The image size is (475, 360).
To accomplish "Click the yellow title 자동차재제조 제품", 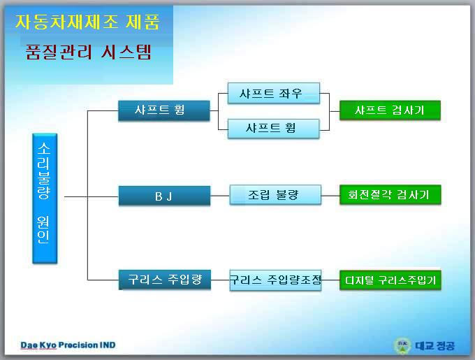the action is (87, 22).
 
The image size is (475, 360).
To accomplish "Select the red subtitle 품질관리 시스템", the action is (88, 52).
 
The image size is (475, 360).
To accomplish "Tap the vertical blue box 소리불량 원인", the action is (45, 199).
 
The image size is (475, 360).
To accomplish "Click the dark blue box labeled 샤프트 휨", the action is (164, 110).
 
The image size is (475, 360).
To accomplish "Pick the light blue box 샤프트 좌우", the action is (274, 94).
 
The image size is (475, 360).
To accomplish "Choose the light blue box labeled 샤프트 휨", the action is (273, 129).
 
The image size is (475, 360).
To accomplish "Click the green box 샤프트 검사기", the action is (390, 110).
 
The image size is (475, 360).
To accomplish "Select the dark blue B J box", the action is (164, 196).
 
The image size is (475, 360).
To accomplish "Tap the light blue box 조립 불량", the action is (275, 195).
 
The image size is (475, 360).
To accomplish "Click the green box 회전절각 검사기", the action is (390, 195).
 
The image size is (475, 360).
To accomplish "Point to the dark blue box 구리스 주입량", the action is (164, 280).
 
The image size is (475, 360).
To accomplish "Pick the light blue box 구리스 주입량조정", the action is (275, 280).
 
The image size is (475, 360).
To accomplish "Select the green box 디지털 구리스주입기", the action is (390, 280).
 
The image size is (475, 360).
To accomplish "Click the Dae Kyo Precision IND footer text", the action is (68, 345).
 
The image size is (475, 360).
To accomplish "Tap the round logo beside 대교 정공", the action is (402, 345).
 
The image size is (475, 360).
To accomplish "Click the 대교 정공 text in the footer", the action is (435, 345).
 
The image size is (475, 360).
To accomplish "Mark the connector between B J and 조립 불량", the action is (220, 196).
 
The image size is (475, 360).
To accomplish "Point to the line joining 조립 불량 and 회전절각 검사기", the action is (330, 196).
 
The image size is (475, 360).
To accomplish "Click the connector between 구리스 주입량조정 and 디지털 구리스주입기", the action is (330, 280).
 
